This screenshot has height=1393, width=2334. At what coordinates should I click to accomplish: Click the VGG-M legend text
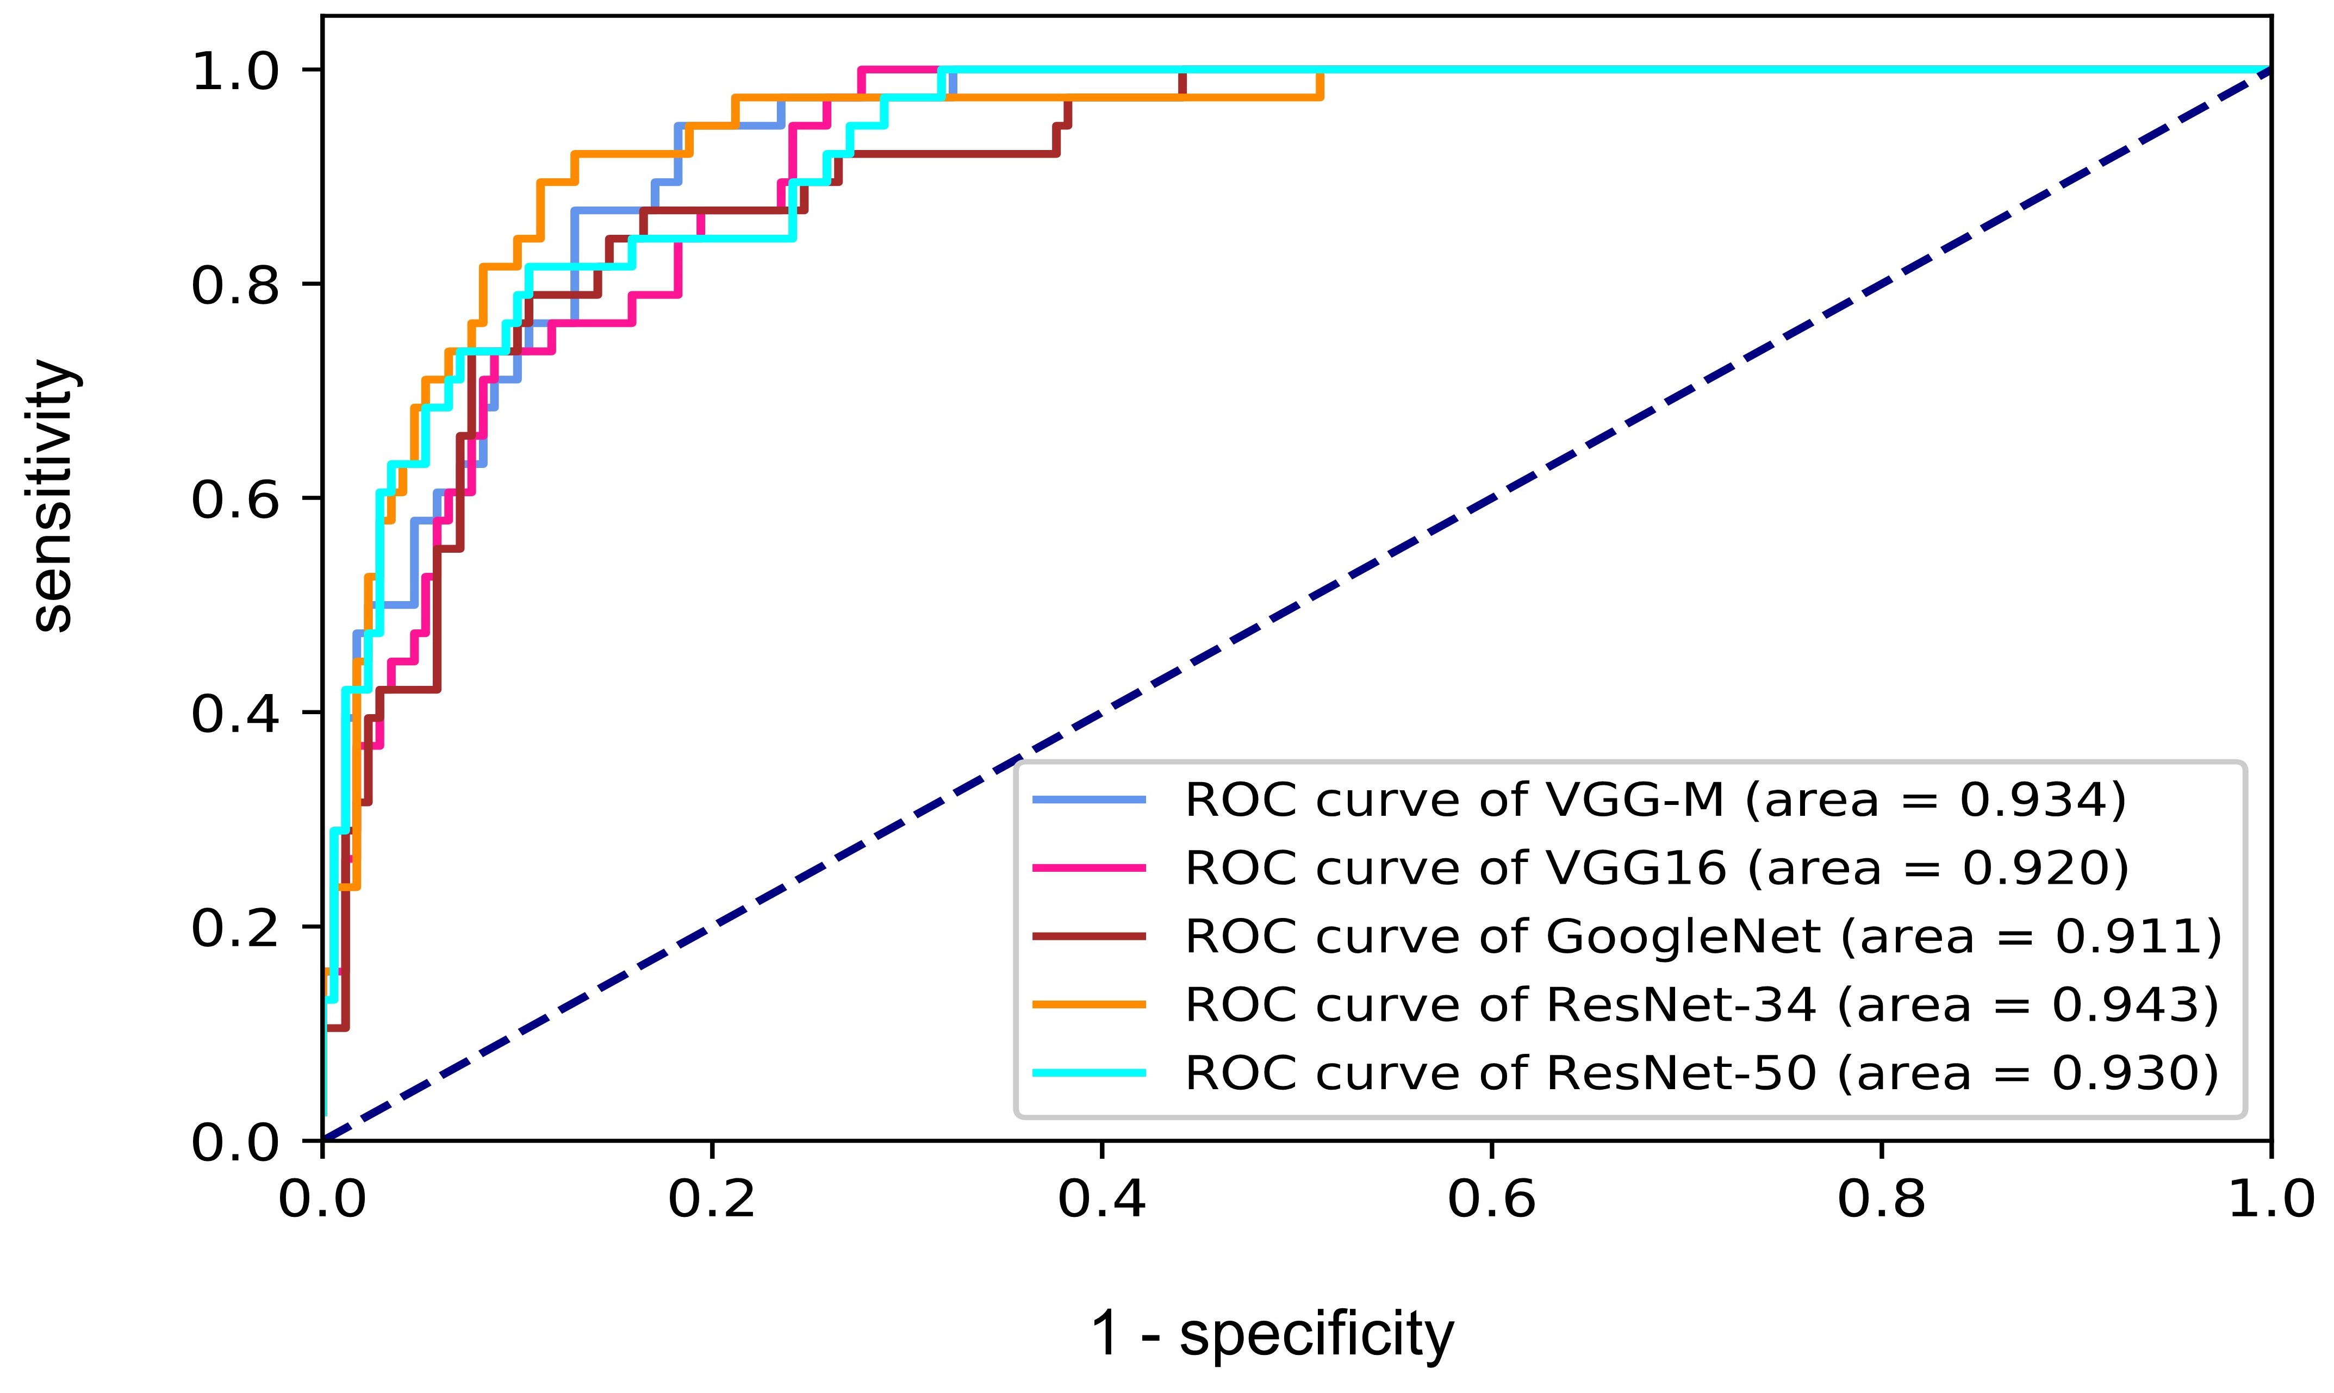coord(1654,801)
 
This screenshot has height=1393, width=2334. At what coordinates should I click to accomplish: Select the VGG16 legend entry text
coord(1656,869)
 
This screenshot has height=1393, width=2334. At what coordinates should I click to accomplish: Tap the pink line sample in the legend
coord(1089,869)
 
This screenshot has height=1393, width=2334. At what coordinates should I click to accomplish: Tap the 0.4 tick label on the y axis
coord(235,714)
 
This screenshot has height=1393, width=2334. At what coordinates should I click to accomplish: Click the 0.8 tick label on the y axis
coord(235,285)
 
